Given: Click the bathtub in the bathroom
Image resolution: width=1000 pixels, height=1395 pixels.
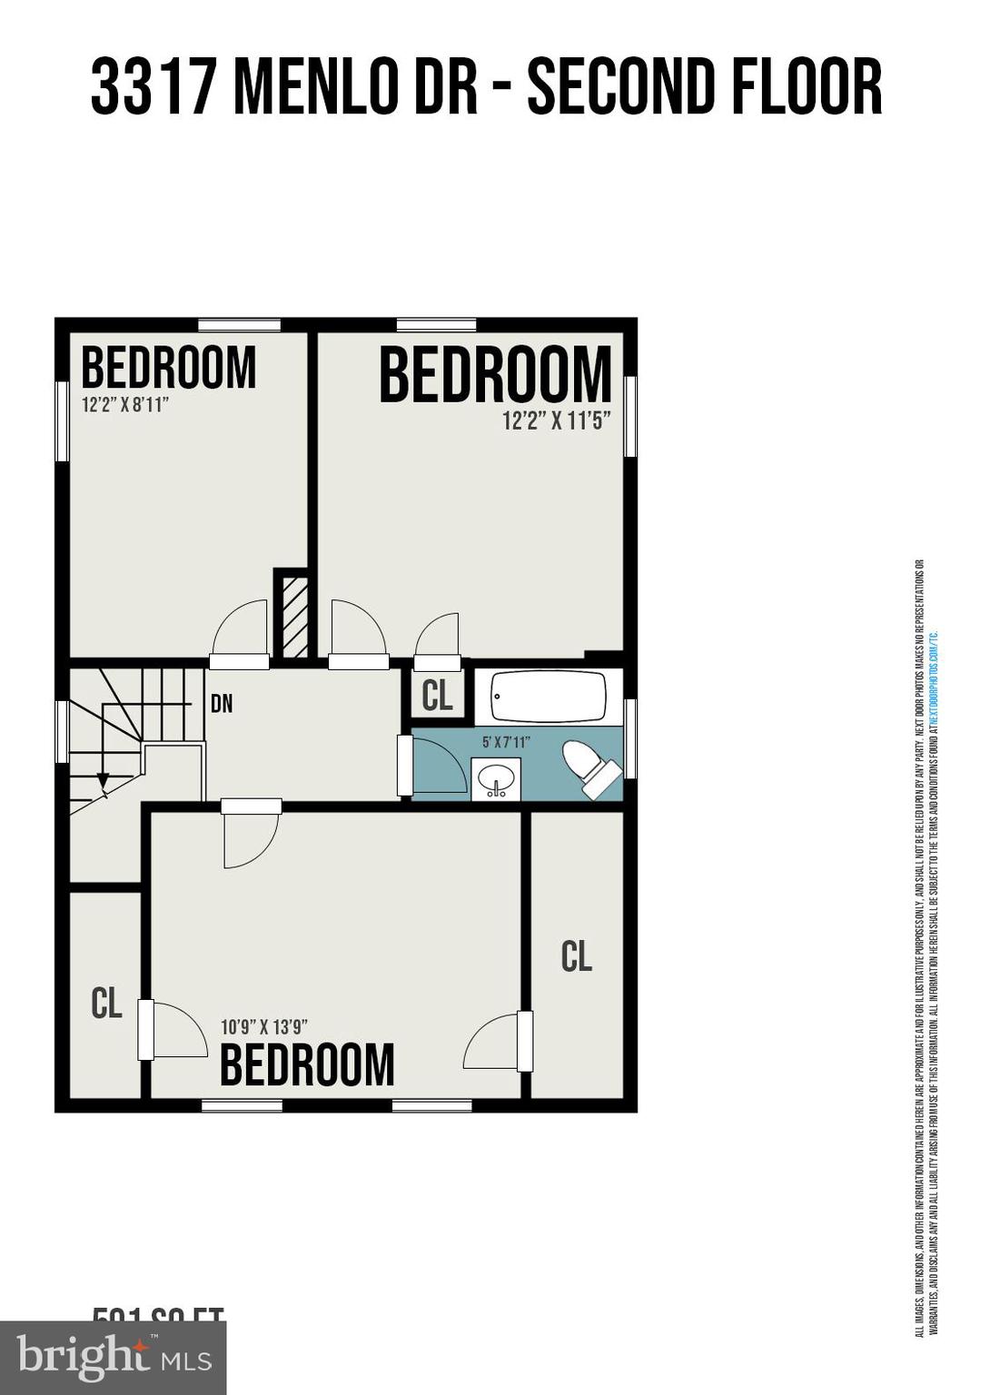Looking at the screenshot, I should click(x=549, y=697).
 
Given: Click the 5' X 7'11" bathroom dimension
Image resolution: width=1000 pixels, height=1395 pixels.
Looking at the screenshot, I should click(x=506, y=742).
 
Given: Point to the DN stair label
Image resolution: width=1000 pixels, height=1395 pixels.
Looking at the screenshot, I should click(x=222, y=704).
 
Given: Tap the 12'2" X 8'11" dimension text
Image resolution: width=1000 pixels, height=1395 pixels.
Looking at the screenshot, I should click(x=125, y=404).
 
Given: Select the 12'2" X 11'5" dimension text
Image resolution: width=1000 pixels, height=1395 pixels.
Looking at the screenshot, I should click(x=556, y=421).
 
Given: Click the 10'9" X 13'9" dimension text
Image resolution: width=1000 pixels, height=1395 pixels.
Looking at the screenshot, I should click(x=264, y=1027).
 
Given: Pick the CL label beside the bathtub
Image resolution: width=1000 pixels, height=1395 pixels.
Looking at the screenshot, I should click(x=437, y=697).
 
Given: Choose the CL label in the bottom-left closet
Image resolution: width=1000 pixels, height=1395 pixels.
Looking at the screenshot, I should click(x=106, y=1004).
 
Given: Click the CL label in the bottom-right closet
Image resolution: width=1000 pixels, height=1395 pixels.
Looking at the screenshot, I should click(x=577, y=956).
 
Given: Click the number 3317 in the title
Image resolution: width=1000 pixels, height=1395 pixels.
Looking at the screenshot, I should click(x=153, y=88).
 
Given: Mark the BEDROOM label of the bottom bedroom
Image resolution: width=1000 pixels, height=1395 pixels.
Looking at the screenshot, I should click(x=307, y=1065).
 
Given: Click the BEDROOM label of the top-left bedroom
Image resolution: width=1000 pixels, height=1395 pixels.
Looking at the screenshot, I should click(x=169, y=368).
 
